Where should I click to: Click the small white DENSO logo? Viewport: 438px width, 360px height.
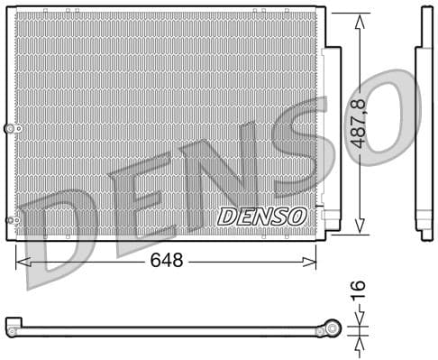coord(262,217)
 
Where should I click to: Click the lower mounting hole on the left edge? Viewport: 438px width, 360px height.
coord(12,219)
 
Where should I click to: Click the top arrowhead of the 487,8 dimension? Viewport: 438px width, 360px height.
coord(360,20)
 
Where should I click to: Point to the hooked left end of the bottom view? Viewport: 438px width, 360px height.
coord(12,322)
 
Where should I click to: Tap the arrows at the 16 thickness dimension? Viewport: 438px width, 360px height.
coord(359,328)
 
